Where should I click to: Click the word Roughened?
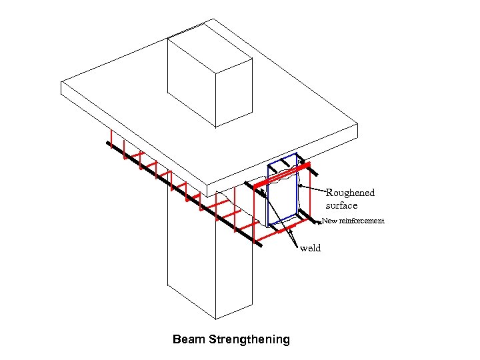[x=350, y=193]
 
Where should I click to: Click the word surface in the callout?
[x=341, y=205]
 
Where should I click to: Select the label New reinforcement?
[x=353, y=221]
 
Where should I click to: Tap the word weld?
[x=311, y=249]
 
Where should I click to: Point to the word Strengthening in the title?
[x=249, y=339]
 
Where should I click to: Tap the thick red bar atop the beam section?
[x=283, y=173]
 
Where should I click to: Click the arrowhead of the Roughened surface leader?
[x=301, y=187]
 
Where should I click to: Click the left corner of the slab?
[x=62, y=83]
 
